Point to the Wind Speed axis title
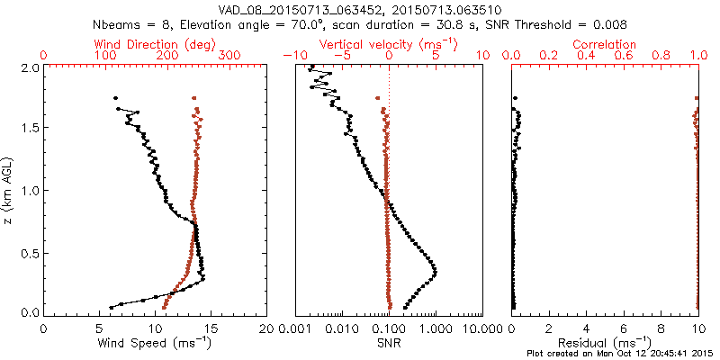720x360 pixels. point(155,343)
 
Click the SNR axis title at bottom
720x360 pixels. point(389,343)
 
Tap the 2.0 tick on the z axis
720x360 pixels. point(28,67)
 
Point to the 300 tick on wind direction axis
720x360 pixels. point(229,56)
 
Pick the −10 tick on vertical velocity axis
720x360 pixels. point(293,56)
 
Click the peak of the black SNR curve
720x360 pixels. point(436,271)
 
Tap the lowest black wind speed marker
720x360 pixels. point(112,307)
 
